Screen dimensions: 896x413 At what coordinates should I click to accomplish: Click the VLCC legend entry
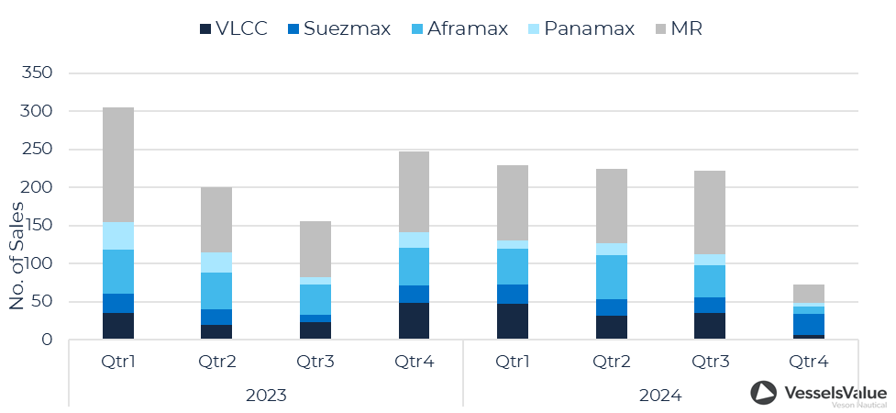(234, 28)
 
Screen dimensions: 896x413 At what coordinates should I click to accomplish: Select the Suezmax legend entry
(340, 28)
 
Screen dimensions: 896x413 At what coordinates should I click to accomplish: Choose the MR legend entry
(679, 28)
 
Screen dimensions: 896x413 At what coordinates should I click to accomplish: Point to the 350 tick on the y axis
(37, 73)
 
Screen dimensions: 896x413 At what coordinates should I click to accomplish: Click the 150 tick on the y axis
(37, 226)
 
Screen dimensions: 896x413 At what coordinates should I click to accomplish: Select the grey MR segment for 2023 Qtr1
(118, 165)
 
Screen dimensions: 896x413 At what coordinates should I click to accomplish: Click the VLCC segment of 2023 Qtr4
(414, 321)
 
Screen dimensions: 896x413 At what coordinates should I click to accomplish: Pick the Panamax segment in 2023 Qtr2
(216, 262)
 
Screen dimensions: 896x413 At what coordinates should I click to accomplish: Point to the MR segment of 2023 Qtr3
(315, 250)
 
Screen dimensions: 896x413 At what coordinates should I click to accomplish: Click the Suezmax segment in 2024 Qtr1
(513, 294)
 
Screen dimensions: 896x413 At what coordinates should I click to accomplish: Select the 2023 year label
(266, 396)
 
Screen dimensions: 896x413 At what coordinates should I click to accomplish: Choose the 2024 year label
(659, 396)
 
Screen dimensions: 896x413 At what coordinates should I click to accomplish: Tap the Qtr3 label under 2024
(709, 362)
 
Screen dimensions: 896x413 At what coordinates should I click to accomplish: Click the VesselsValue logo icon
(763, 393)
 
